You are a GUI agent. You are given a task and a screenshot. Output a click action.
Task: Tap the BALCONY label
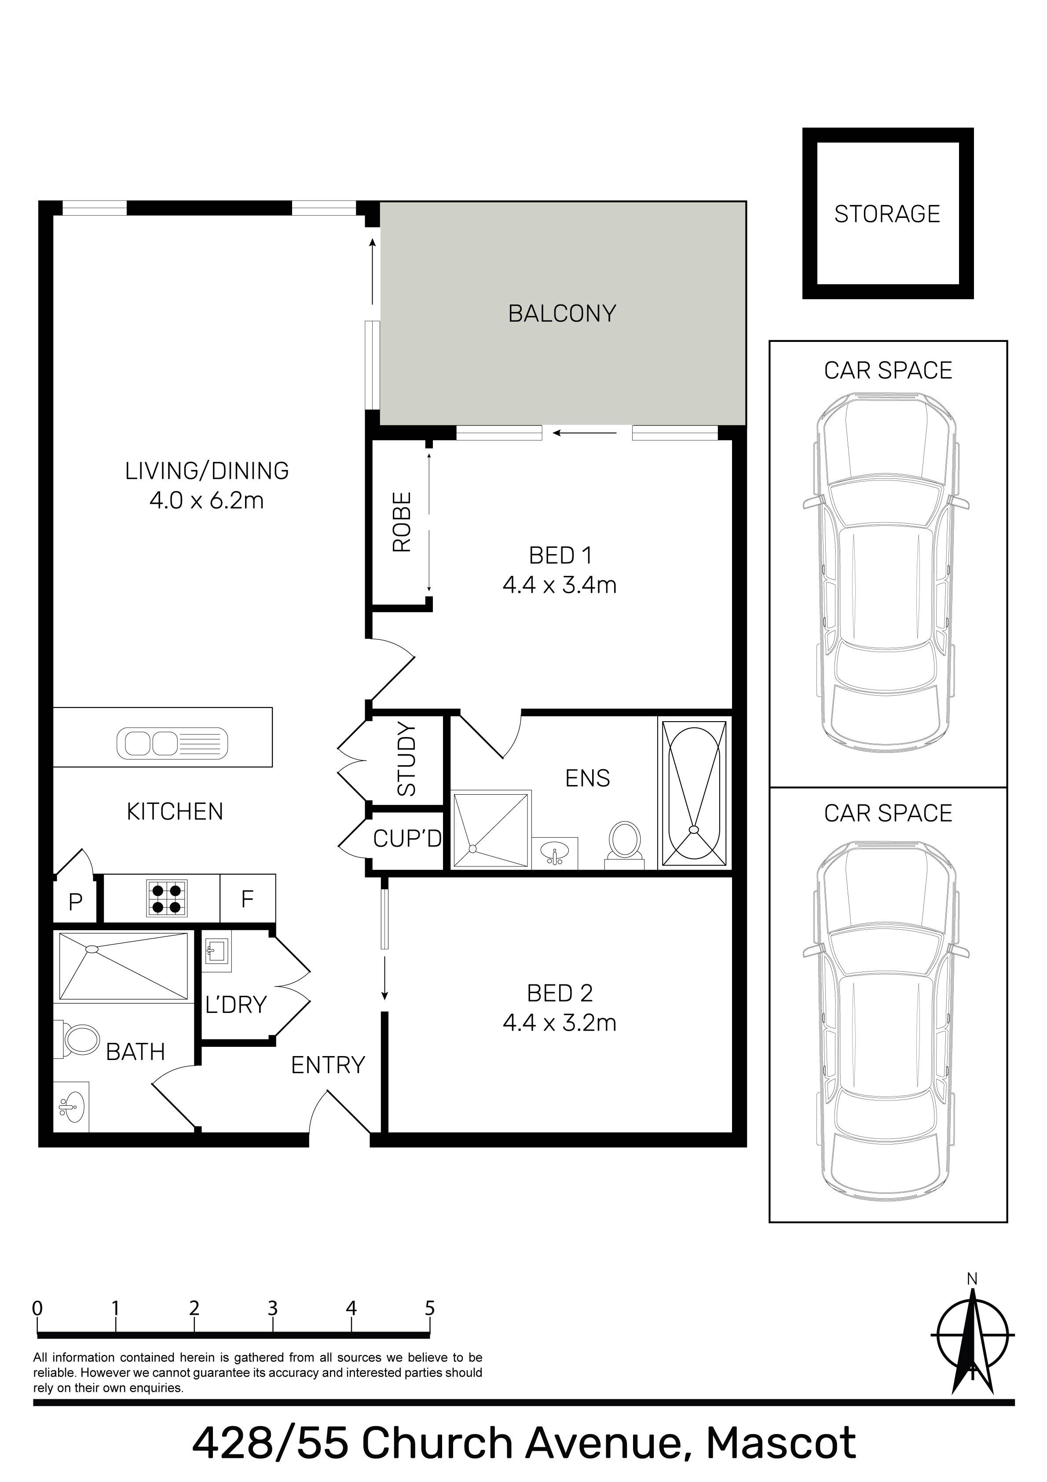pyautogui.click(x=562, y=314)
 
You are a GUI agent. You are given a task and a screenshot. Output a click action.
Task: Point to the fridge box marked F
pyautogui.click(x=247, y=899)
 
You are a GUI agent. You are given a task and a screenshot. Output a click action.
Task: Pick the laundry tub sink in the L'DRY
pyautogui.click(x=216, y=951)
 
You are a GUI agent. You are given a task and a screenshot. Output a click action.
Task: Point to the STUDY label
pyautogui.click(x=406, y=759)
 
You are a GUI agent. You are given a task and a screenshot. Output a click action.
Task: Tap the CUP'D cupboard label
pyautogui.click(x=406, y=839)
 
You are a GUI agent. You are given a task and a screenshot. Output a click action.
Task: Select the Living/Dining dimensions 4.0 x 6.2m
pyautogui.click(x=207, y=500)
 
